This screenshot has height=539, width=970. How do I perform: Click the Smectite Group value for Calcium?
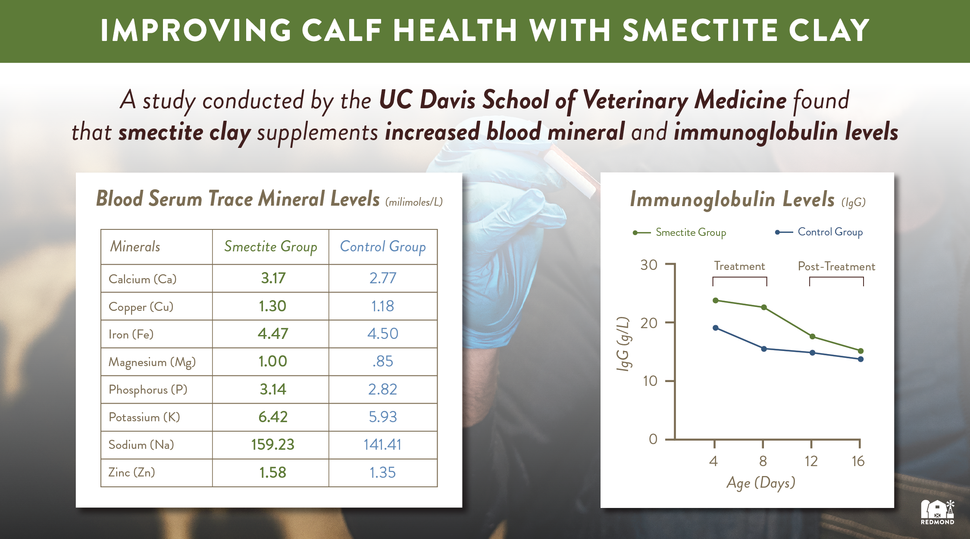pyautogui.click(x=273, y=278)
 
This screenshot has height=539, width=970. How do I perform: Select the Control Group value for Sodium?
pyautogui.click(x=382, y=445)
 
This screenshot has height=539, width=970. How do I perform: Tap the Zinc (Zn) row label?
pyautogui.click(x=131, y=473)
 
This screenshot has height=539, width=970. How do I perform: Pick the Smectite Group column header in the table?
pyautogui.click(x=270, y=247)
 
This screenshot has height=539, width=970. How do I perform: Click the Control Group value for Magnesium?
pyautogui.click(x=382, y=361)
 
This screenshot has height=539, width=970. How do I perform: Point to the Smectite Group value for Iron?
pyautogui.click(x=273, y=334)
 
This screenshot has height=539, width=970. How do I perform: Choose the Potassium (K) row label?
pyautogui.click(x=144, y=417)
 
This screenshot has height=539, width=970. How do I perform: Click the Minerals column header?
pyautogui.click(x=135, y=247)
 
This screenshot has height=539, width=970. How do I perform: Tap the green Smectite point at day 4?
pyautogui.click(x=716, y=300)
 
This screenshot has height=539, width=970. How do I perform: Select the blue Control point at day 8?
pyautogui.click(x=764, y=349)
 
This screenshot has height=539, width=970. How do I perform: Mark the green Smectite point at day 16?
pyautogui.click(x=860, y=351)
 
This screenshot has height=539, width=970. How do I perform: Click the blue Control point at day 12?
pyautogui.click(x=812, y=353)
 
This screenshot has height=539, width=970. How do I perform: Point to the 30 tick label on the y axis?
pyautogui.click(x=648, y=265)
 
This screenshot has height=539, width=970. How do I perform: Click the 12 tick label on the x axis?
pyautogui.click(x=811, y=461)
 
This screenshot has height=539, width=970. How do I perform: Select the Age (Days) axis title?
pyautogui.click(x=761, y=483)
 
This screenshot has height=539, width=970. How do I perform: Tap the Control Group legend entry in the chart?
pyautogui.click(x=829, y=232)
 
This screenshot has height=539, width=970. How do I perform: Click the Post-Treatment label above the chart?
pyautogui.click(x=836, y=266)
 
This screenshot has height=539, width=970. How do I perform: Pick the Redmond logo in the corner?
pyautogui.click(x=937, y=512)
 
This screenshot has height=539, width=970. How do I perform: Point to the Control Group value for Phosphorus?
pyautogui.click(x=382, y=389)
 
